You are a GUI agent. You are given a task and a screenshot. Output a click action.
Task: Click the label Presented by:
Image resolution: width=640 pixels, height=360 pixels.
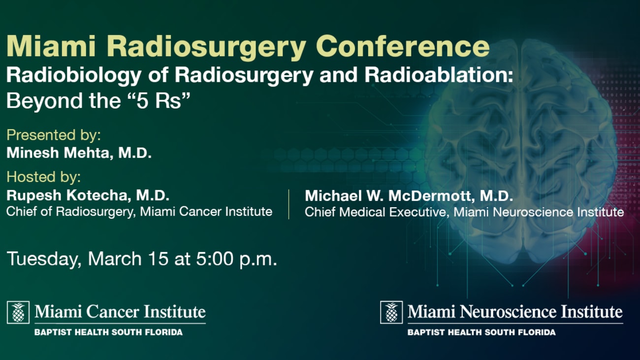pos(54,135)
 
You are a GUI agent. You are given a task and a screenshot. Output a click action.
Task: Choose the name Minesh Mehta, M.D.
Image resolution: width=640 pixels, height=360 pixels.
pos(79,153)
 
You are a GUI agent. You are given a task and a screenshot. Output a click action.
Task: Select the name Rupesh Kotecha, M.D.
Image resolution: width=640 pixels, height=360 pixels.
pos(88,196)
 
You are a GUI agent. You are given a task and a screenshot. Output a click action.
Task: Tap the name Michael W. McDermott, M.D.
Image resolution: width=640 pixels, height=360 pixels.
pos(409,196)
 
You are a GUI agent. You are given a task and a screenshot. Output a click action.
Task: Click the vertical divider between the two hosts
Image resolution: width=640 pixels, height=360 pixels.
pos(289,203)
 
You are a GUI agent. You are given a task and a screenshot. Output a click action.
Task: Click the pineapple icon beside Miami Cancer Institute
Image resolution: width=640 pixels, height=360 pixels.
pos(18,312)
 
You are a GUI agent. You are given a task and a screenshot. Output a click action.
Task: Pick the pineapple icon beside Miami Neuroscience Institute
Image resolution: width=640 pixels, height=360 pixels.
pos(391,312)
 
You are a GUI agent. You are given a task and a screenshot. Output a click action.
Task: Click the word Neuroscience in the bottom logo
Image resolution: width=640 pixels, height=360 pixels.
pos(512,312)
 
